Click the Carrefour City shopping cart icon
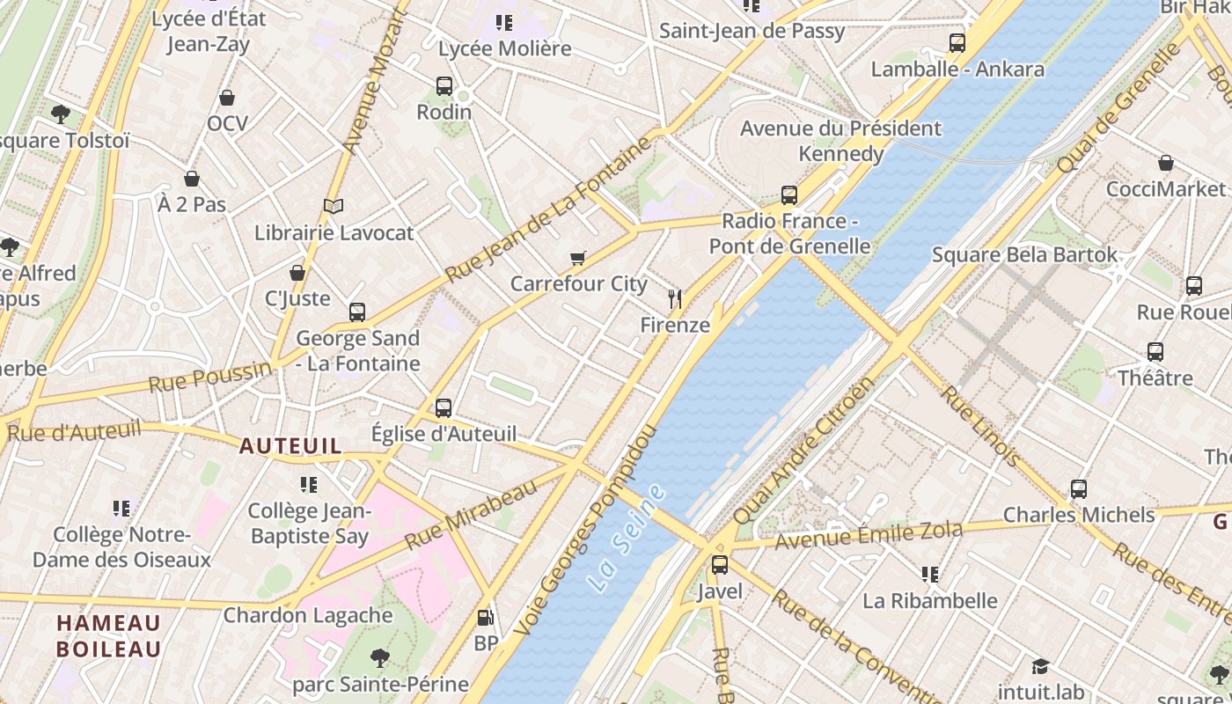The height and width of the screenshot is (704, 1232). click(x=577, y=258)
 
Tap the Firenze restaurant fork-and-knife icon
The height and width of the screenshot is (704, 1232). click(x=675, y=299)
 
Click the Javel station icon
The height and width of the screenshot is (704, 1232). click(x=720, y=565)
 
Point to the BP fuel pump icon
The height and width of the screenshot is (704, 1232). click(x=485, y=618)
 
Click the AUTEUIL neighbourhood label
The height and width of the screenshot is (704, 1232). click(x=290, y=446)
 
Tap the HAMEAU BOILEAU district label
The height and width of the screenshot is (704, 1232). click(x=109, y=636)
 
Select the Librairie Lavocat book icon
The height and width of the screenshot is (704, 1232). click(x=333, y=207)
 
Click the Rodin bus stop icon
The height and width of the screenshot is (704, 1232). click(x=444, y=86)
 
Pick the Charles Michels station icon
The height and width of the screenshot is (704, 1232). click(x=1079, y=489)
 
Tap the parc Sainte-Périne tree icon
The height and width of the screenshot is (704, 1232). click(x=380, y=657)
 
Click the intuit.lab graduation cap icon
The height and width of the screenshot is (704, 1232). click(x=1041, y=666)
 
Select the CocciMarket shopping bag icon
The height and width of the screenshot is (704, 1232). click(x=1166, y=163)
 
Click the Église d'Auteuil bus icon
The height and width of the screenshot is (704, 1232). click(x=444, y=408)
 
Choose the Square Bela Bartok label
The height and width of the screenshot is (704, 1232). click(x=1024, y=255)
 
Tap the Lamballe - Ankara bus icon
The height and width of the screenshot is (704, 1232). click(x=957, y=43)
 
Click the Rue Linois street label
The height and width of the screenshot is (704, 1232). click(x=980, y=426)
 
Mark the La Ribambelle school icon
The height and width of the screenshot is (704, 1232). click(x=930, y=575)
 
